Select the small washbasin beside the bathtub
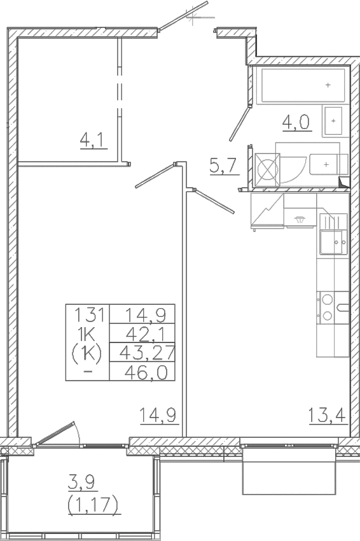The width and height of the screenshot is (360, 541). (333, 120)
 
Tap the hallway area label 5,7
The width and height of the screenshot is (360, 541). (224, 166)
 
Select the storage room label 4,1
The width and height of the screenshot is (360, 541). (93, 139)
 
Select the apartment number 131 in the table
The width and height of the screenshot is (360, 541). (88, 314)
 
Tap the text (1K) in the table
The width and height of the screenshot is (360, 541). (88, 352)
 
